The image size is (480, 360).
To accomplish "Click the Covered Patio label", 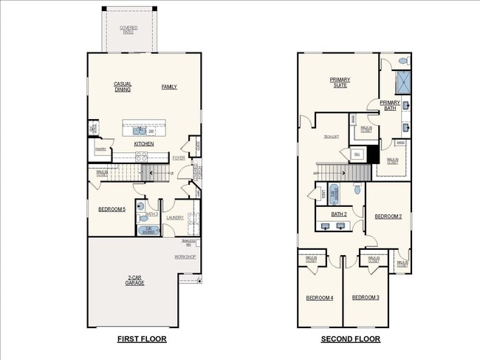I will click(128, 29).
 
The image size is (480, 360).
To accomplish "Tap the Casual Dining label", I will click(123, 86).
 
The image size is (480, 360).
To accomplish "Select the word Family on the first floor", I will click(169, 86).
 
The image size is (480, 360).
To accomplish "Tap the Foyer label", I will click(179, 157).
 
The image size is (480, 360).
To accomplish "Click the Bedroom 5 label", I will click(112, 209).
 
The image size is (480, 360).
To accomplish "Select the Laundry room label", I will click(175, 217).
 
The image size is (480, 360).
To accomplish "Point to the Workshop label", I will click(185, 257).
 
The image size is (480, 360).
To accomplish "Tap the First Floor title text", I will click(142, 339).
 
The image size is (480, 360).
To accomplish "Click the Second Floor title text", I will click(350, 339).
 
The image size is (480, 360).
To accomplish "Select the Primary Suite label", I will click(340, 82).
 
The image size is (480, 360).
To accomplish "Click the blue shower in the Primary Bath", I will click(402, 81).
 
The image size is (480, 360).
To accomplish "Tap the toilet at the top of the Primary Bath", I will click(402, 60).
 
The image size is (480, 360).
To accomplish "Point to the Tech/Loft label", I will click(331, 137).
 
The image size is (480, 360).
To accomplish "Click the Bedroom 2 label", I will click(388, 217).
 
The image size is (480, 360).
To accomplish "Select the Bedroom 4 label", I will click(320, 297).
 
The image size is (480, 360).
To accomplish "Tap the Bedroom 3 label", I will click(366, 297).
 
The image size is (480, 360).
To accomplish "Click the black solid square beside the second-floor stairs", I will click(374, 154).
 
